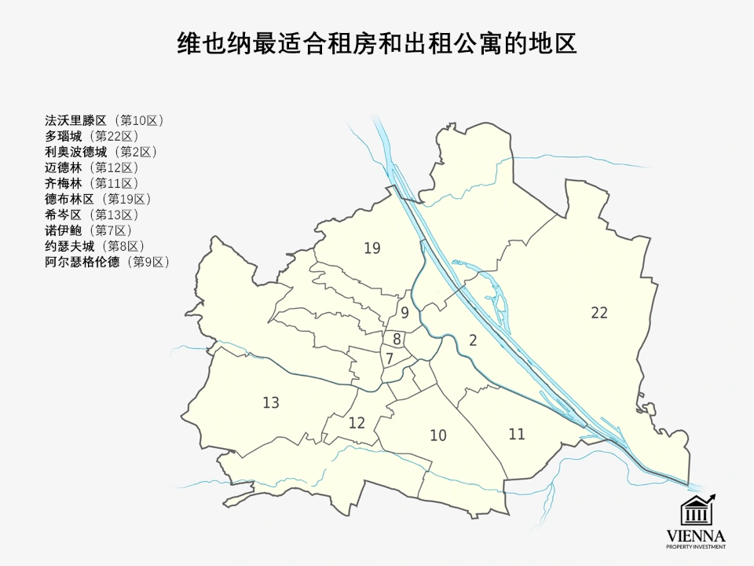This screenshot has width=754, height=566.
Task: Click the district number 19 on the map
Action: (372, 248)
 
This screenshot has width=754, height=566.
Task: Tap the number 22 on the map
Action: (599, 313)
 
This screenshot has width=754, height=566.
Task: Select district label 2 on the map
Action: (473, 340)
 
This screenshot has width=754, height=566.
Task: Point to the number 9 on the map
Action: (404, 313)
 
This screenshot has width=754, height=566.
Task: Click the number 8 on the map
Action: (397, 340)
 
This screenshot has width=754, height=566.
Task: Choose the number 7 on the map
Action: (389, 358)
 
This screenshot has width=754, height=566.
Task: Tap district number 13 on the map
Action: (271, 403)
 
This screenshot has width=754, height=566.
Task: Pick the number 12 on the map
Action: (357, 423)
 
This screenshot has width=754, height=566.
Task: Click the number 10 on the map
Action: (438, 436)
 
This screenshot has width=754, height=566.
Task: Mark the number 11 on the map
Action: (516, 434)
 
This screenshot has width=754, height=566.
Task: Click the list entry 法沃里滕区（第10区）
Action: (105, 120)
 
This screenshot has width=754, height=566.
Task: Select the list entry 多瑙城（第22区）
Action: (93, 136)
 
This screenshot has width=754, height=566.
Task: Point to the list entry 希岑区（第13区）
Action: (93, 215)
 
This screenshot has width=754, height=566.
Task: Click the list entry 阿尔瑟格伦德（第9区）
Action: (108, 262)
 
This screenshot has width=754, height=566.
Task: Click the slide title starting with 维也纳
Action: (377, 42)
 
